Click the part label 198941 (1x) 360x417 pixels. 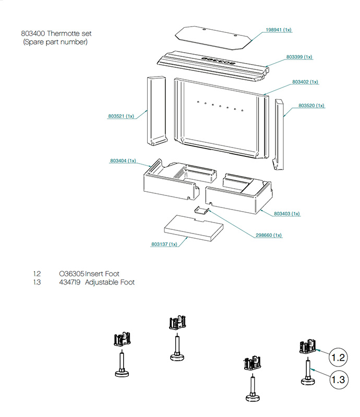click(279, 30)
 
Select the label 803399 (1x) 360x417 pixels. click(299, 57)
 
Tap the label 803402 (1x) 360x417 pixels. click(305, 82)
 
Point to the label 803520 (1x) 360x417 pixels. click(311, 106)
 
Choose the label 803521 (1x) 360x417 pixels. click(121, 116)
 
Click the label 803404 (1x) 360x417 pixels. click(123, 161)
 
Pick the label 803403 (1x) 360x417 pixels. click(287, 214)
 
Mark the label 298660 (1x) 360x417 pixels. click(268, 236)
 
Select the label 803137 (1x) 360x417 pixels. click(164, 244)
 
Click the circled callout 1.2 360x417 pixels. click(338, 357)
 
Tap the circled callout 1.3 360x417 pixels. click(339, 379)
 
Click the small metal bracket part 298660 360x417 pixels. click(201, 210)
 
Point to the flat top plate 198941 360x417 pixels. click(213, 38)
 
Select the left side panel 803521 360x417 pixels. click(157, 111)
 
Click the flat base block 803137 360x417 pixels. click(194, 228)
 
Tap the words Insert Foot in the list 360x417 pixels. click(102, 274)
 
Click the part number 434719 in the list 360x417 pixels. click(69, 282)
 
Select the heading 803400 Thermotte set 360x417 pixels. click(56, 33)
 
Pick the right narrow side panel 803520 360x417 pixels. click(279, 134)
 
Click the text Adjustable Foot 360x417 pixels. click(110, 282)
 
